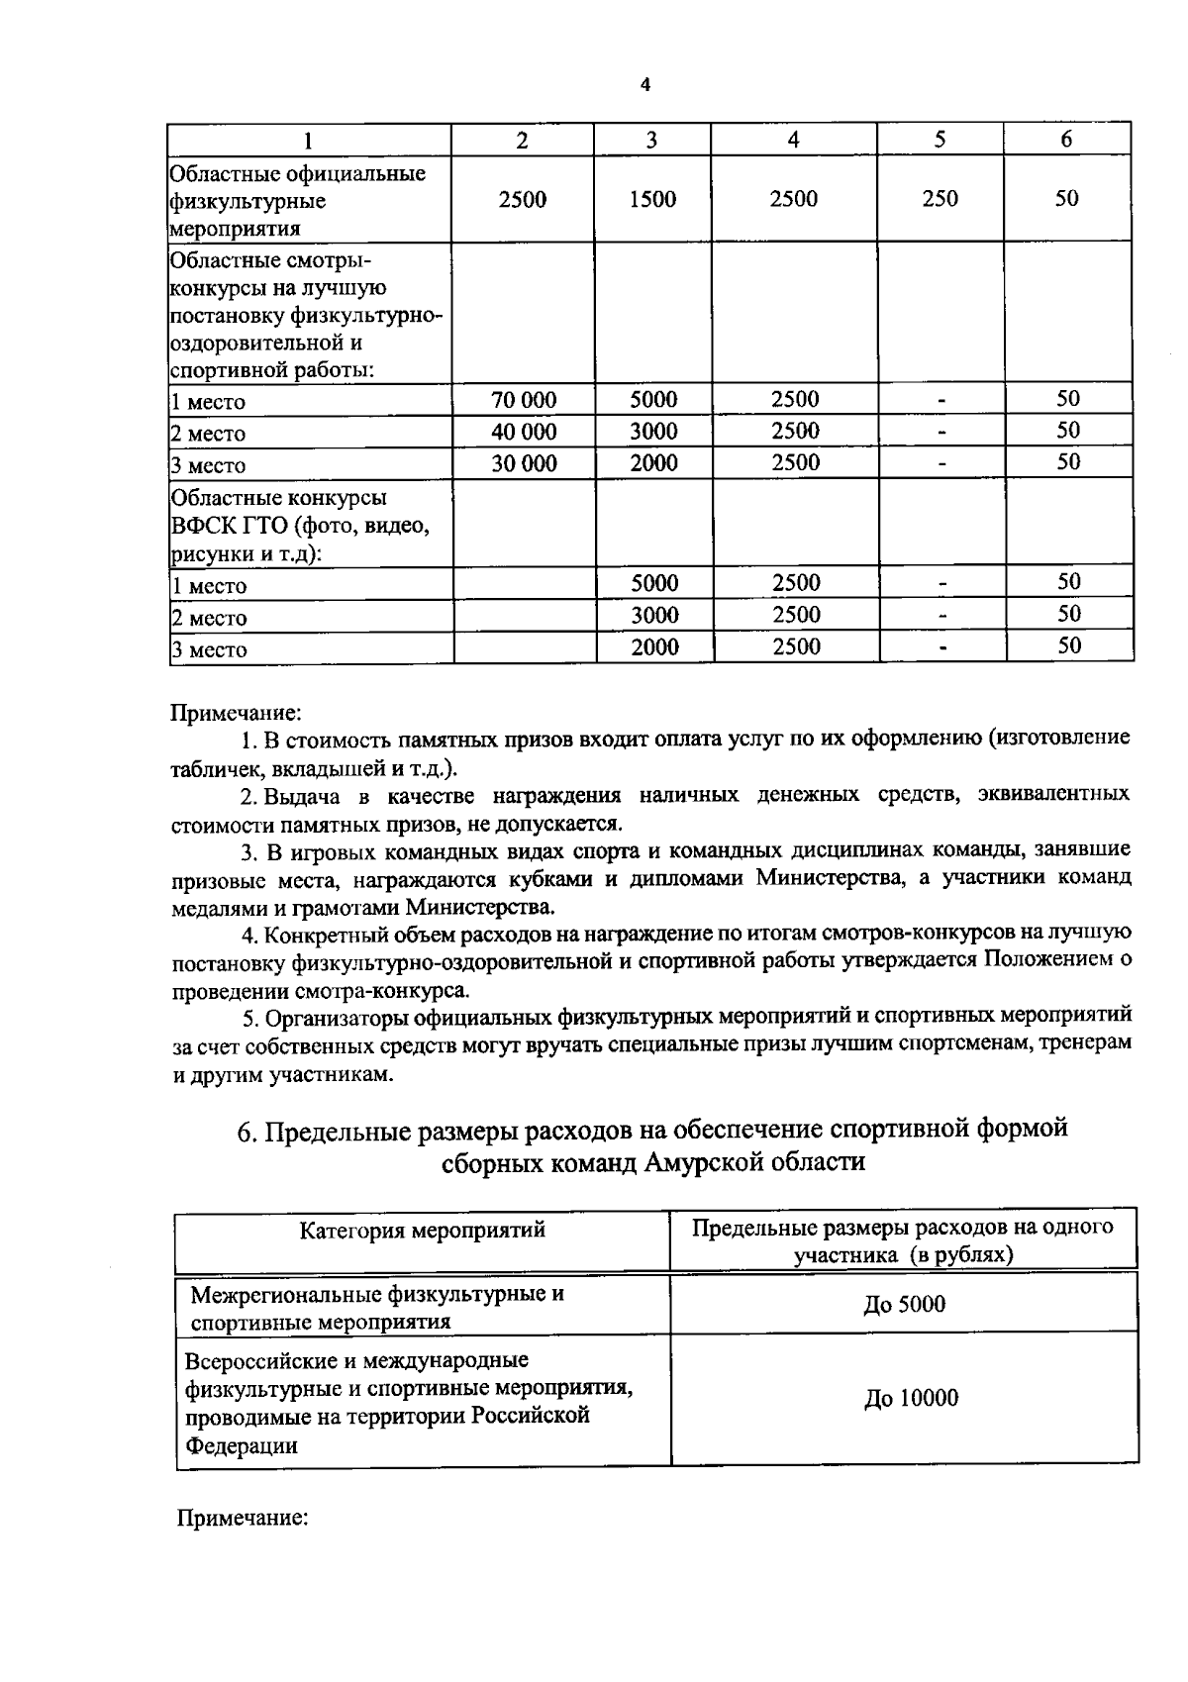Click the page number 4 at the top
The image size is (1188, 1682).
click(x=645, y=86)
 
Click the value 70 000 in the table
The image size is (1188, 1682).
click(x=524, y=400)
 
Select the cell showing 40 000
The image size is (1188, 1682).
click(x=524, y=432)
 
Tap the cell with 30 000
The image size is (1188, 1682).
click(x=524, y=463)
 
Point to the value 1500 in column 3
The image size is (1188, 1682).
click(x=652, y=199)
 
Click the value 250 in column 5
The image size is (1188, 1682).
click(x=940, y=198)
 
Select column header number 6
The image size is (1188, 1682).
click(x=1066, y=140)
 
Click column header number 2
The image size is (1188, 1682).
click(x=522, y=140)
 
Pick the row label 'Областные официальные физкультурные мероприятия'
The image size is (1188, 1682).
click(x=297, y=201)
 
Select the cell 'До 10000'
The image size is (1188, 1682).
click(x=911, y=1399)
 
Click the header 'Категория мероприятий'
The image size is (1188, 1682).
click(x=423, y=1231)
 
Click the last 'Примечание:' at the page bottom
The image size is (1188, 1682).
click(x=244, y=1518)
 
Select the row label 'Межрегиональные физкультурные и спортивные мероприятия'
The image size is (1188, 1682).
click(x=376, y=1308)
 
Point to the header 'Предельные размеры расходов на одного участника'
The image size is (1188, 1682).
click(x=902, y=1241)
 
